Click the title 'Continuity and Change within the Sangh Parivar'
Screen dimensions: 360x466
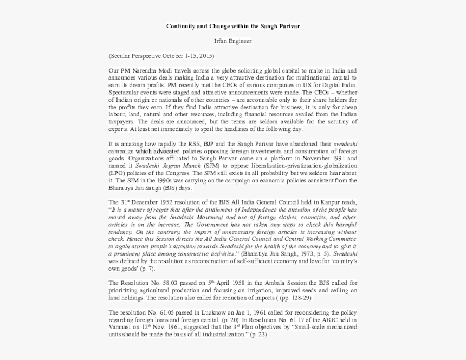pos(233,26)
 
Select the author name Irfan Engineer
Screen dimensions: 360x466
pos(233,41)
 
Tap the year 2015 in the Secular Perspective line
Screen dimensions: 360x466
pos(205,56)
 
